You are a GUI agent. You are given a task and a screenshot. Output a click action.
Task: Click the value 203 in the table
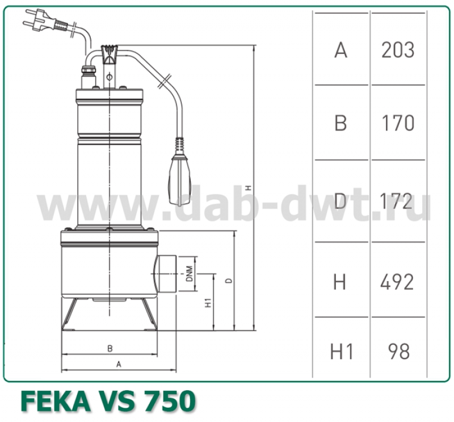point(398,50)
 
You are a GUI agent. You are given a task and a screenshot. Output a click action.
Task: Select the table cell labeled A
point(340,50)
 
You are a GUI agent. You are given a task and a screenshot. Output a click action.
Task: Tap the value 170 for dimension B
point(398,123)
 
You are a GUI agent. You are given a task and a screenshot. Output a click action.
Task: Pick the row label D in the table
point(340,200)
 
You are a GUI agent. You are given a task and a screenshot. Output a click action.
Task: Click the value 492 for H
point(397,281)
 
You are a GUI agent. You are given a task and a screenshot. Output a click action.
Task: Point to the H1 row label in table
point(342,352)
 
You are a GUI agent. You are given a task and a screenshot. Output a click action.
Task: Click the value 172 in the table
point(398,200)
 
